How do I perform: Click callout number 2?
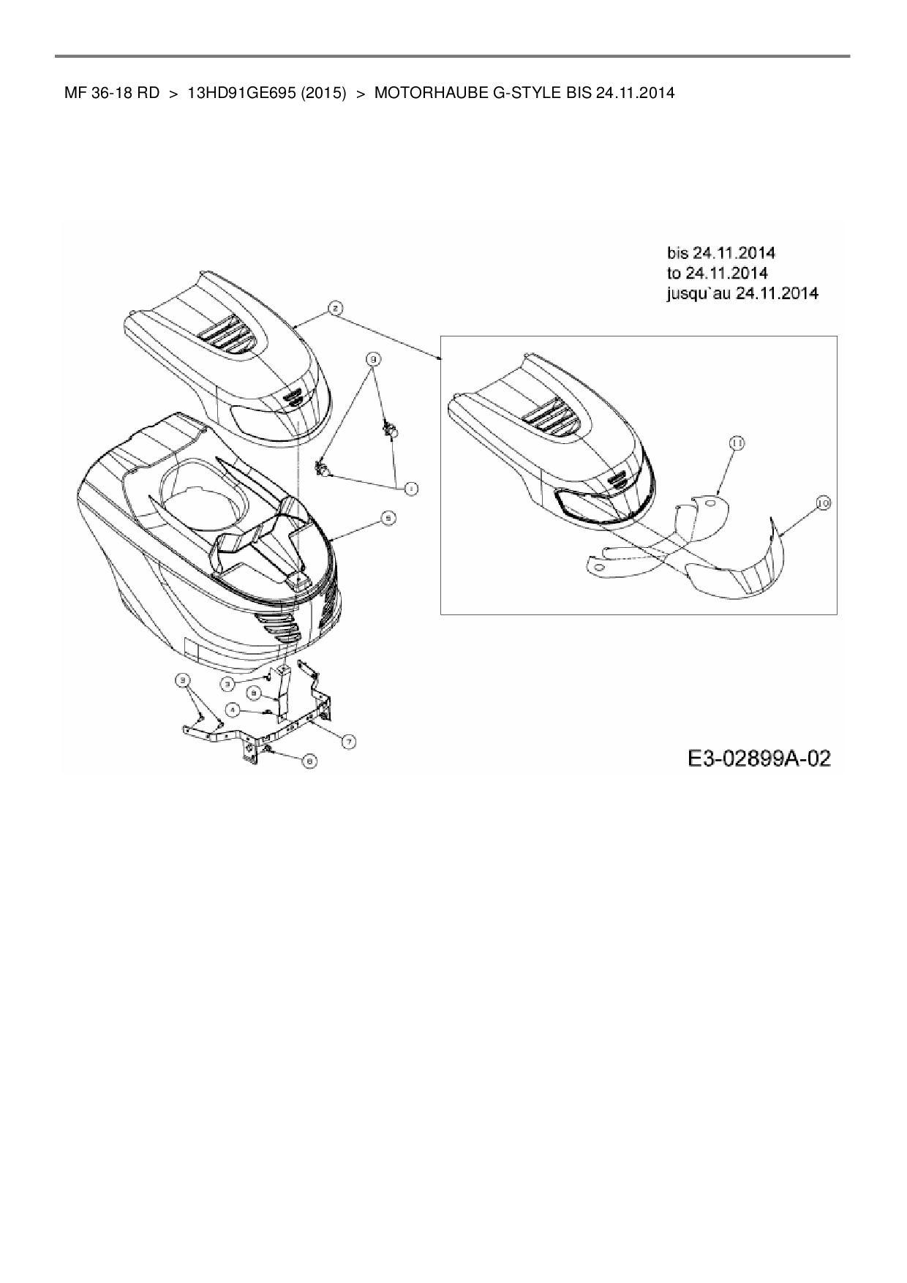pos(334,308)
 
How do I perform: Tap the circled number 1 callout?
pos(412,488)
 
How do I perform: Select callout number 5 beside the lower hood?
pos(389,518)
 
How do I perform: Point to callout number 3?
pos(228,682)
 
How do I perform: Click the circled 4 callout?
pos(232,709)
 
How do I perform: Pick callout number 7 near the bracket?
pos(350,742)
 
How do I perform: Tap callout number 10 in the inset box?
pos(824,503)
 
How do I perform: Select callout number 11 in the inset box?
pos(736,443)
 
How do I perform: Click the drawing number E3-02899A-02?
pos(759,759)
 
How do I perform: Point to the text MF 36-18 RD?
pos(112,94)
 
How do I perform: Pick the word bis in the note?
pos(678,252)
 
